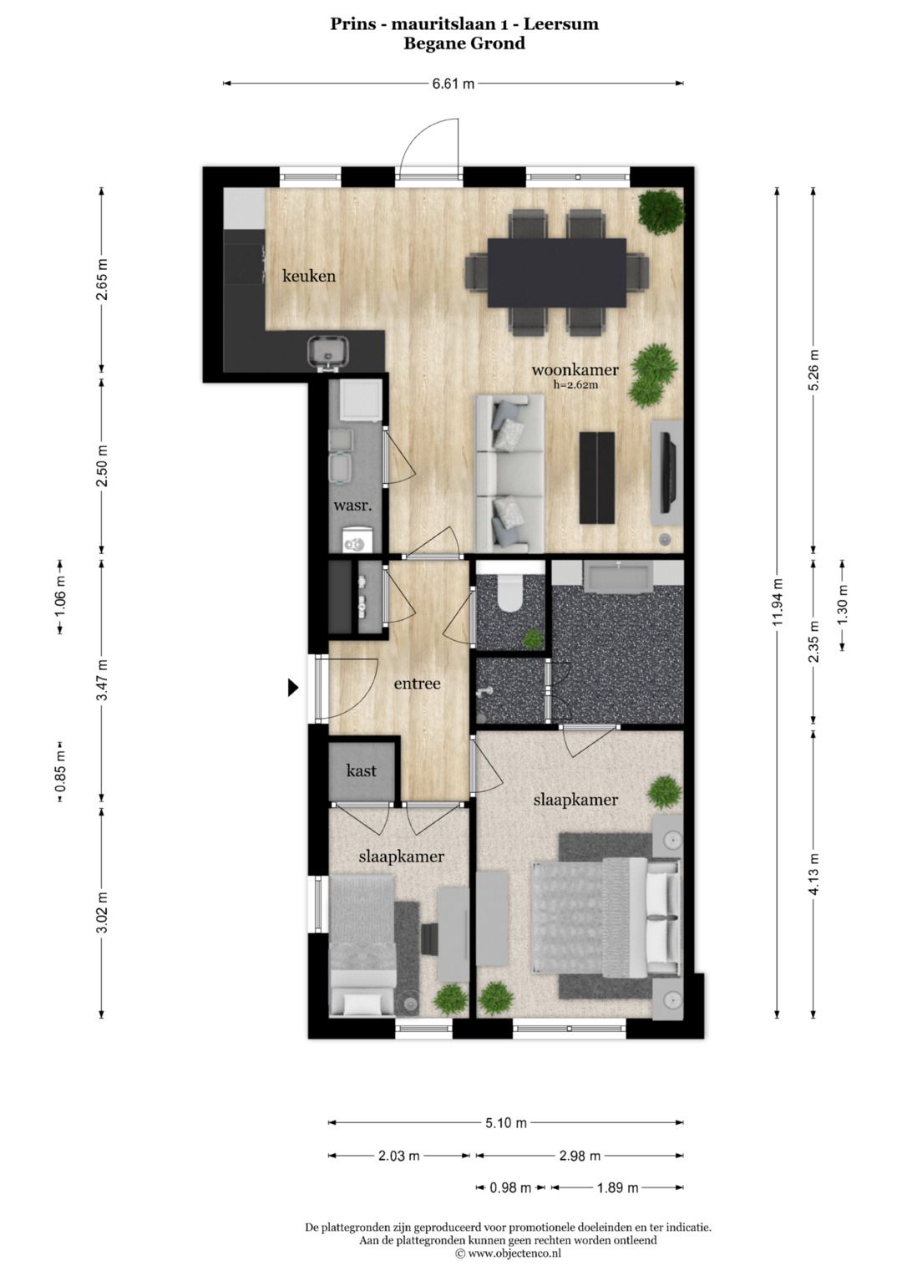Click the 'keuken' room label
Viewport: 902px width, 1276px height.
tap(309, 276)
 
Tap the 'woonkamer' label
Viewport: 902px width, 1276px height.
tap(575, 369)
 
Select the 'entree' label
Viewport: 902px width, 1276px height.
tap(417, 684)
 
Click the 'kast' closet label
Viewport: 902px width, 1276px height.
tap(361, 770)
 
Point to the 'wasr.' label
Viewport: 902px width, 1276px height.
tap(352, 506)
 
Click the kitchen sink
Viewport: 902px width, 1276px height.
tap(328, 352)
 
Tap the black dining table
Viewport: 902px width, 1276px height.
tap(557, 273)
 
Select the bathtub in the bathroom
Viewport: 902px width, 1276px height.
tap(617, 577)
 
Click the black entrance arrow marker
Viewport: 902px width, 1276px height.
tap(292, 687)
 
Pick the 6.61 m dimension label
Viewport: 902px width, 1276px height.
tap(453, 84)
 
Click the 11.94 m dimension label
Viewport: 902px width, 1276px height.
tap(778, 602)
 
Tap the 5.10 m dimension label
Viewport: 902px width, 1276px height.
tap(505, 1123)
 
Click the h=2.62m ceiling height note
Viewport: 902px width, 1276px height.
tap(575, 385)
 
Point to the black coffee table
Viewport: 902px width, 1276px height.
tap(596, 477)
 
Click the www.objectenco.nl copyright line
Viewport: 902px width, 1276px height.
tap(508, 1253)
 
